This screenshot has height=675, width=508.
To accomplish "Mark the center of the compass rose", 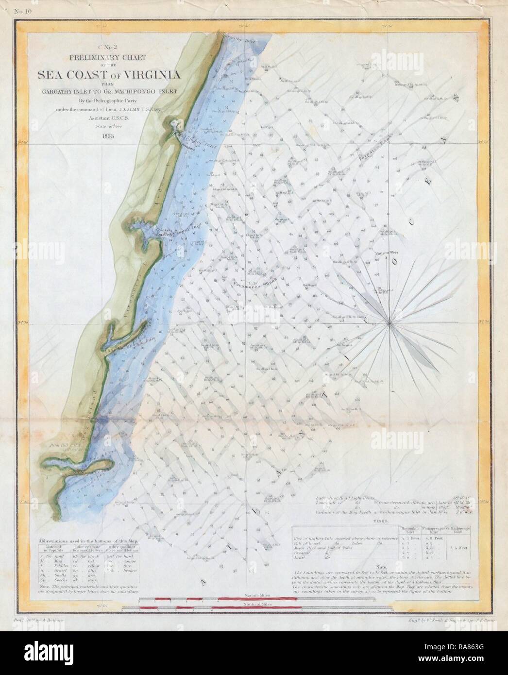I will click(x=390, y=322).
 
